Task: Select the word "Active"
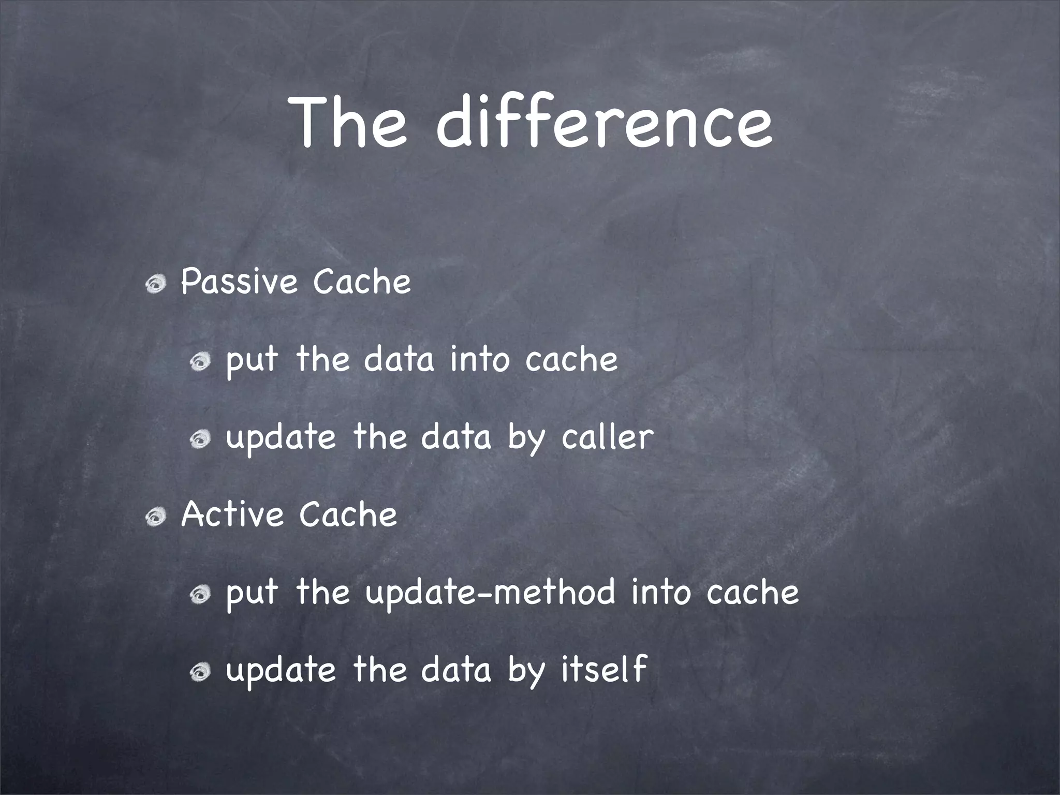click(x=232, y=515)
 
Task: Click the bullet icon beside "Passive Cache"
click(x=155, y=284)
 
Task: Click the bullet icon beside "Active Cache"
click(x=155, y=516)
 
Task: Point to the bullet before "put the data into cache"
click(x=200, y=362)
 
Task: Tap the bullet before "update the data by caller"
click(x=200, y=439)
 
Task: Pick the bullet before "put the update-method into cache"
click(x=200, y=595)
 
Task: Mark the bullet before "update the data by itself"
click(x=200, y=672)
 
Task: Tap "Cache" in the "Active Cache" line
click(x=348, y=515)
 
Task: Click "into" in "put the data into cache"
click(x=480, y=360)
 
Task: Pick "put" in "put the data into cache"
click(x=252, y=362)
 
